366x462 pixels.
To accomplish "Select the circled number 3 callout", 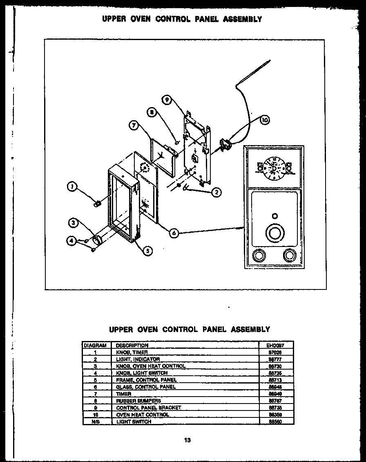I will point(73,223).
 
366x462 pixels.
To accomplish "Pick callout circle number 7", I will point(134,126).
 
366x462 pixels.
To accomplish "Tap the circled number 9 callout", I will point(167,99).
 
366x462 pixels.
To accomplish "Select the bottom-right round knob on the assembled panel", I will point(290,256).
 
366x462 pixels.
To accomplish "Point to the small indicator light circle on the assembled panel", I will point(274,215).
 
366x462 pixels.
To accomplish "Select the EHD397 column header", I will point(276,345).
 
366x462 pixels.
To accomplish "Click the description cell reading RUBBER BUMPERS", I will point(138,401).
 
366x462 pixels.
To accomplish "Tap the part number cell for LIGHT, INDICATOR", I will point(276,359).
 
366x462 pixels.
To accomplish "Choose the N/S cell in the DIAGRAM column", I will point(95,422).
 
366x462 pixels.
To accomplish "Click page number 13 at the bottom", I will point(187,441).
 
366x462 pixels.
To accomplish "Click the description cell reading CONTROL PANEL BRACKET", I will point(148,408).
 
